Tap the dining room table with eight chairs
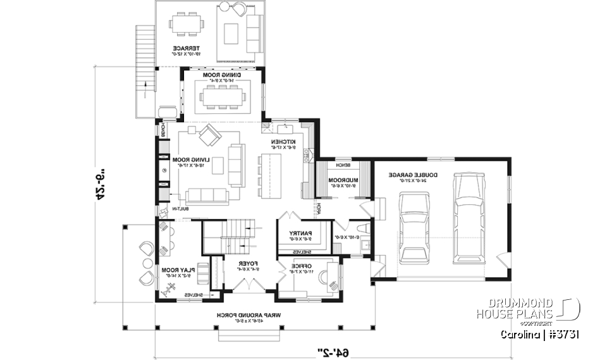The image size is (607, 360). [222, 97]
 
